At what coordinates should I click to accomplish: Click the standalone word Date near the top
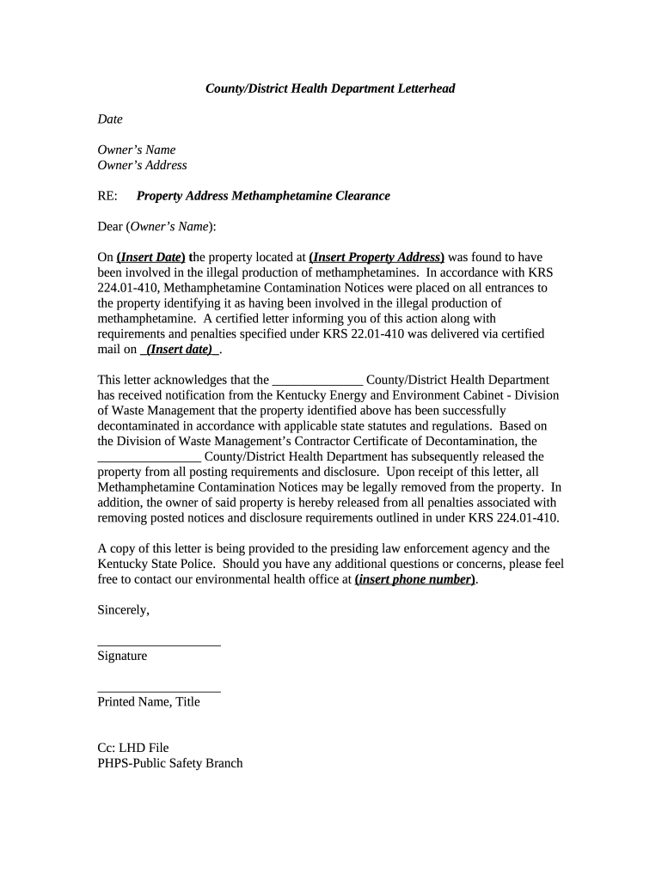[x=110, y=119]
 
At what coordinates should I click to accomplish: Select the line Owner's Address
[x=142, y=165]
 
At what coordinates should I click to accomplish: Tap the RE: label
[x=107, y=196]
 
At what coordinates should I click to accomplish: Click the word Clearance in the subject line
[x=360, y=196]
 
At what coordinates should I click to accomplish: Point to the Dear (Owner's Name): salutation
[x=157, y=227]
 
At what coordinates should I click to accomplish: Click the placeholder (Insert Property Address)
[x=377, y=257]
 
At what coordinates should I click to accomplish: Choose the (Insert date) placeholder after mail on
[x=180, y=349]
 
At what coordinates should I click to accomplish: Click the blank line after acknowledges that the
[x=317, y=380]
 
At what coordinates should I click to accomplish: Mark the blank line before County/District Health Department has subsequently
[x=150, y=456]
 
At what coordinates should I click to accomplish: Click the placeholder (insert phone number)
[x=416, y=579]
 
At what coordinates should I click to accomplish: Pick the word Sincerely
[x=124, y=610]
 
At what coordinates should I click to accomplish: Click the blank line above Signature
[x=159, y=643]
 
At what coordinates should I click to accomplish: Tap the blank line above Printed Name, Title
[x=159, y=689]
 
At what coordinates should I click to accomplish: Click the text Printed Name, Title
[x=149, y=702]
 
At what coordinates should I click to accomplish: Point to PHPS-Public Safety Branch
[x=170, y=763]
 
